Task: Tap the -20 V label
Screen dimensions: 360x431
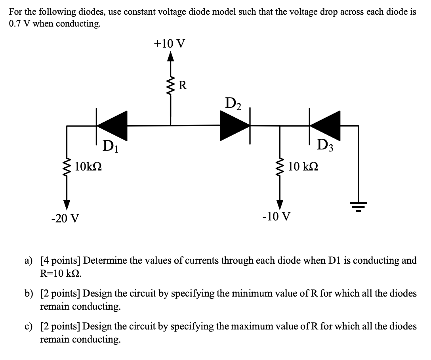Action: [x=65, y=218]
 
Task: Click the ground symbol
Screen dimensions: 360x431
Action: [x=358, y=206]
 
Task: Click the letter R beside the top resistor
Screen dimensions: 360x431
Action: [x=183, y=84]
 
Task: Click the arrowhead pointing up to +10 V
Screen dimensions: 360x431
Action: [x=171, y=58]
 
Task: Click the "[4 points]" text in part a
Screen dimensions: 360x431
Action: [x=60, y=260]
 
